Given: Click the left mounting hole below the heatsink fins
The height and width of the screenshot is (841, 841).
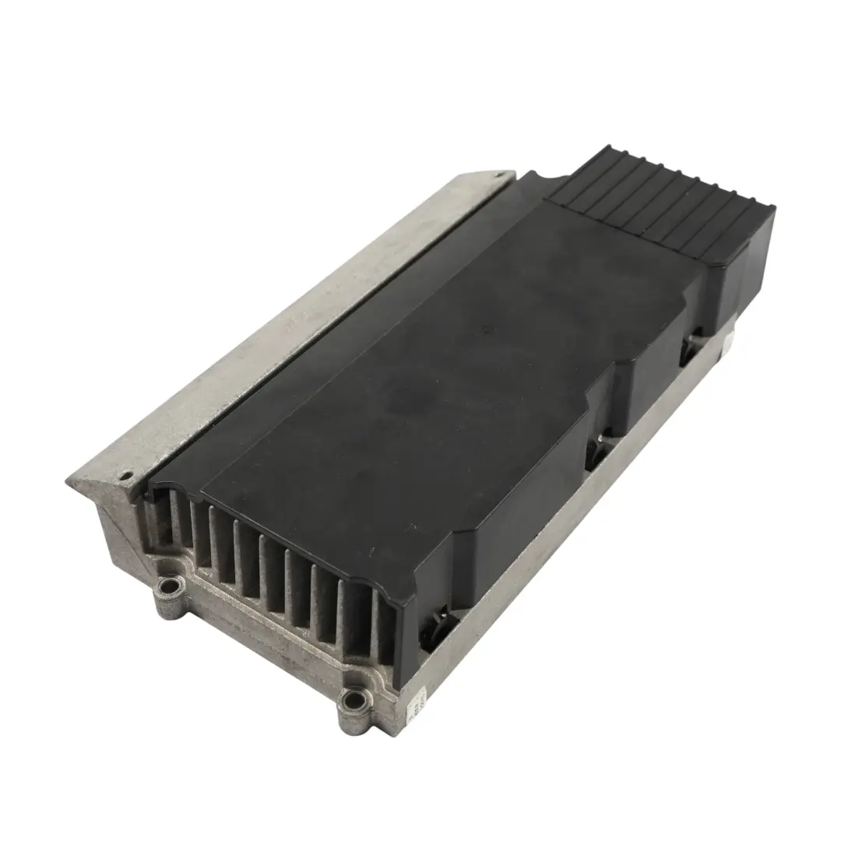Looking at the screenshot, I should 166,586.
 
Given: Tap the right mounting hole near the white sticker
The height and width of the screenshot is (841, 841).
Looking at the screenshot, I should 355,702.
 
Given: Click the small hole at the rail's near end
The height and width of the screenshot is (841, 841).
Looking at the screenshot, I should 122,474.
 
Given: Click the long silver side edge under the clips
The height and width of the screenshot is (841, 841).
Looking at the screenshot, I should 545,545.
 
